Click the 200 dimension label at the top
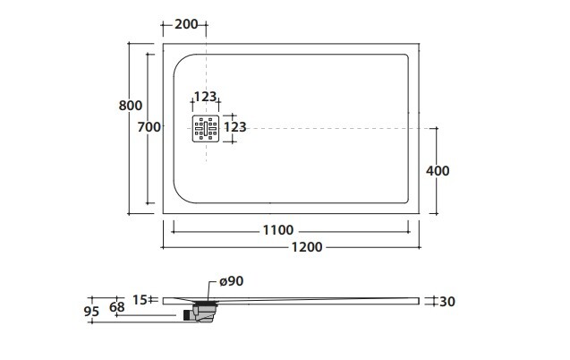tap(186, 24)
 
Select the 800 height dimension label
tap(130, 106)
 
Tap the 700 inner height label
tap(149, 127)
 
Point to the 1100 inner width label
tap(278, 230)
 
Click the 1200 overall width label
tap(307, 247)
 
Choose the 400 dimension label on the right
tap(438, 170)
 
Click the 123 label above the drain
tap(205, 97)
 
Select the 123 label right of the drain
tap(234, 127)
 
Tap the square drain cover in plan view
tap(206, 128)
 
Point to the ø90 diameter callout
tap(232, 281)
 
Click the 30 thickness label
tap(447, 302)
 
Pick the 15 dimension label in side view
tap(140, 300)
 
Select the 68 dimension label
tap(117, 307)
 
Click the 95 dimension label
tap(91, 312)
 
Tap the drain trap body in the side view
tap(205, 313)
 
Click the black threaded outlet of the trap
tap(187, 315)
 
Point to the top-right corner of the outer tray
tap(419, 44)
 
